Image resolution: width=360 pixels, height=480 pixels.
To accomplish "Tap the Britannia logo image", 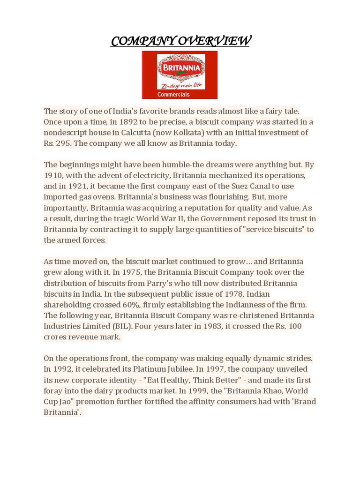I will click(x=180, y=75).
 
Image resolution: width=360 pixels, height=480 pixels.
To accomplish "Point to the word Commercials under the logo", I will click(x=173, y=94).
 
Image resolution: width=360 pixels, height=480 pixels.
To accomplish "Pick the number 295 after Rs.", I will click(x=63, y=143).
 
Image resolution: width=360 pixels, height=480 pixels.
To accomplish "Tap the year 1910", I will click(x=53, y=176).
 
